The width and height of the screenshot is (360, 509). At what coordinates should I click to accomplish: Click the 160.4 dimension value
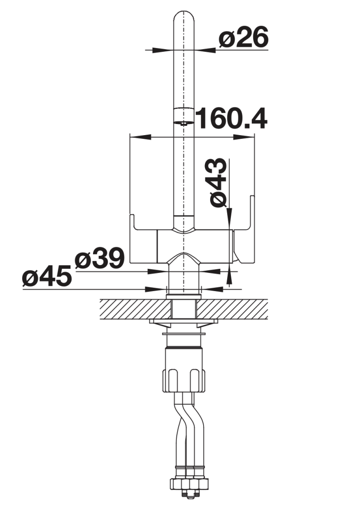coord(232,118)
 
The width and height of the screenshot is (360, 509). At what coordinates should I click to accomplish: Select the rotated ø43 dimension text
coord(218,182)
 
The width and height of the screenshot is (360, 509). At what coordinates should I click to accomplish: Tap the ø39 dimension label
coord(99,258)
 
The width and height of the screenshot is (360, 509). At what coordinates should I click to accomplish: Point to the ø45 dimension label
coord(47,276)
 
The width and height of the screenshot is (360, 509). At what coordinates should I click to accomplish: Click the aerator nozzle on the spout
coord(183,117)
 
